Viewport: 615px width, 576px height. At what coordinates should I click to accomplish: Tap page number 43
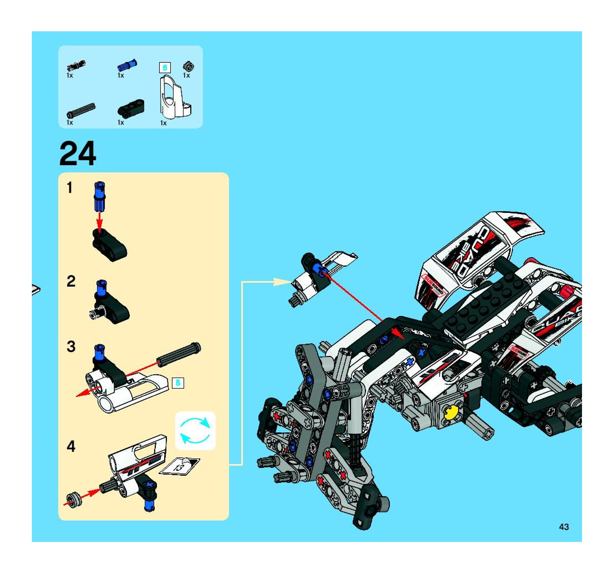coord(564,527)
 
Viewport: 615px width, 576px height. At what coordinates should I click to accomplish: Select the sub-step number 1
coord(70,188)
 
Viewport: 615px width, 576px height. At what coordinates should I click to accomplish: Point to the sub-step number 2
coord(71,281)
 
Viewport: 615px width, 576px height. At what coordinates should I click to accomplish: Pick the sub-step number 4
coord(71,447)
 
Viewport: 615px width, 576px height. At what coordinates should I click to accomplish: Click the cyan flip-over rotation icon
coord(195,430)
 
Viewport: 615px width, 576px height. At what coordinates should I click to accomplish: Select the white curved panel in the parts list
coord(175,98)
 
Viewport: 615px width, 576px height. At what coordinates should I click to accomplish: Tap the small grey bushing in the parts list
coord(188,66)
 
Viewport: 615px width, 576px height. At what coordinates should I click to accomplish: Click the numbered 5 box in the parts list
coord(165,68)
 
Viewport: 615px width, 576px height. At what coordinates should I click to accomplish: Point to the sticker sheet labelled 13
coord(180,466)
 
